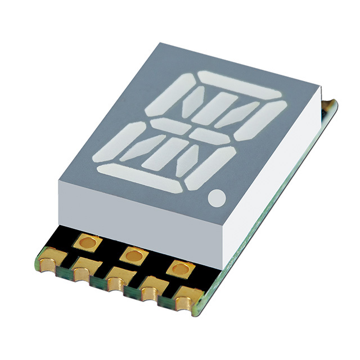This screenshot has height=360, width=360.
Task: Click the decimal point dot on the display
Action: pos(218,198)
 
